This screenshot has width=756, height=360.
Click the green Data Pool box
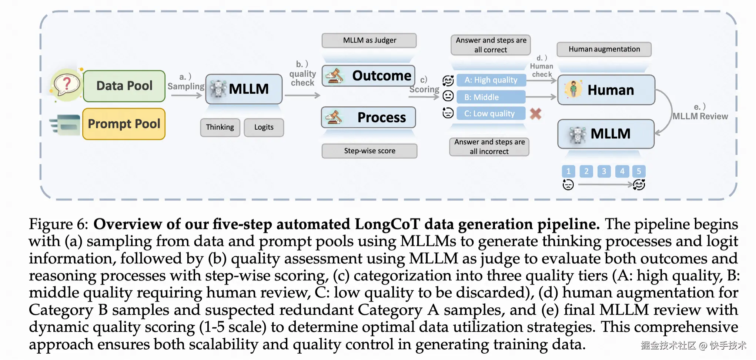(x=124, y=86)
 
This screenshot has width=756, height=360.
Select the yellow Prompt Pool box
(x=124, y=124)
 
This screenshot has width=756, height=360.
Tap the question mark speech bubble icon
(x=67, y=84)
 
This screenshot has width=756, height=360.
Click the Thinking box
(x=220, y=127)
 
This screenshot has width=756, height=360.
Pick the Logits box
(x=264, y=127)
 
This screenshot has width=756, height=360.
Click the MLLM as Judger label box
(x=369, y=40)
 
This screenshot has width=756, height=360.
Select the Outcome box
(x=369, y=76)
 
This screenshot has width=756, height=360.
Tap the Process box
(x=369, y=117)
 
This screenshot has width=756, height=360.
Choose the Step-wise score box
(x=369, y=151)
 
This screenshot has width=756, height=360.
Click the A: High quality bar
(x=491, y=80)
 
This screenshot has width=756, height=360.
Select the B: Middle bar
(x=491, y=97)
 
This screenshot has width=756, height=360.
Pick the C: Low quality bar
(x=491, y=113)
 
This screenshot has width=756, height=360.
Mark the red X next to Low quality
(x=536, y=114)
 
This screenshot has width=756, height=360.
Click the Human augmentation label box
(x=604, y=49)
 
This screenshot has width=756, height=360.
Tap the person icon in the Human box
(x=573, y=89)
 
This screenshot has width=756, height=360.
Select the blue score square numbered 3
(x=604, y=171)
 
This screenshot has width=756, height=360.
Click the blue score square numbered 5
(x=639, y=171)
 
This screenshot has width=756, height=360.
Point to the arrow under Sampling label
(x=187, y=96)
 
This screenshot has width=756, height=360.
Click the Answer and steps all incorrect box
(x=489, y=147)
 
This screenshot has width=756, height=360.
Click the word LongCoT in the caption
(x=387, y=224)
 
